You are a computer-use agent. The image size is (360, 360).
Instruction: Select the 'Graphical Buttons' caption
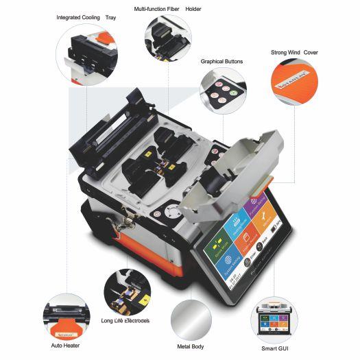221,61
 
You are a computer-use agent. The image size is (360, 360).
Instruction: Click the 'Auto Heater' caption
66,345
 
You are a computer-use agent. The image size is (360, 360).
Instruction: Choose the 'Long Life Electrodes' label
134,321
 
